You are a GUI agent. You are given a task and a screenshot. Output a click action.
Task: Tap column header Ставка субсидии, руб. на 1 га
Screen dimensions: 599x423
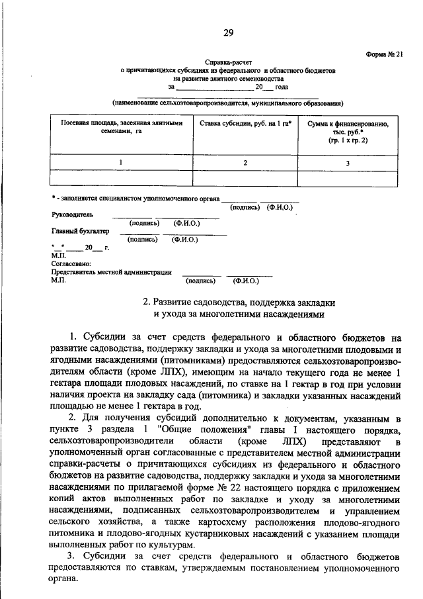(243, 124)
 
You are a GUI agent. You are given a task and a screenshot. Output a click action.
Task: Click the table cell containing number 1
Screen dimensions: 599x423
(120, 162)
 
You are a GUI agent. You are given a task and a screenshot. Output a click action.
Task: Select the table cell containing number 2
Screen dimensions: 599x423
(245, 162)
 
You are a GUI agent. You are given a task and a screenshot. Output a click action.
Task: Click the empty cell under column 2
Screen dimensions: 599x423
(245, 177)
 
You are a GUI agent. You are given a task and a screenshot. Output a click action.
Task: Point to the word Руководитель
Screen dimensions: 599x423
(73, 215)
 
